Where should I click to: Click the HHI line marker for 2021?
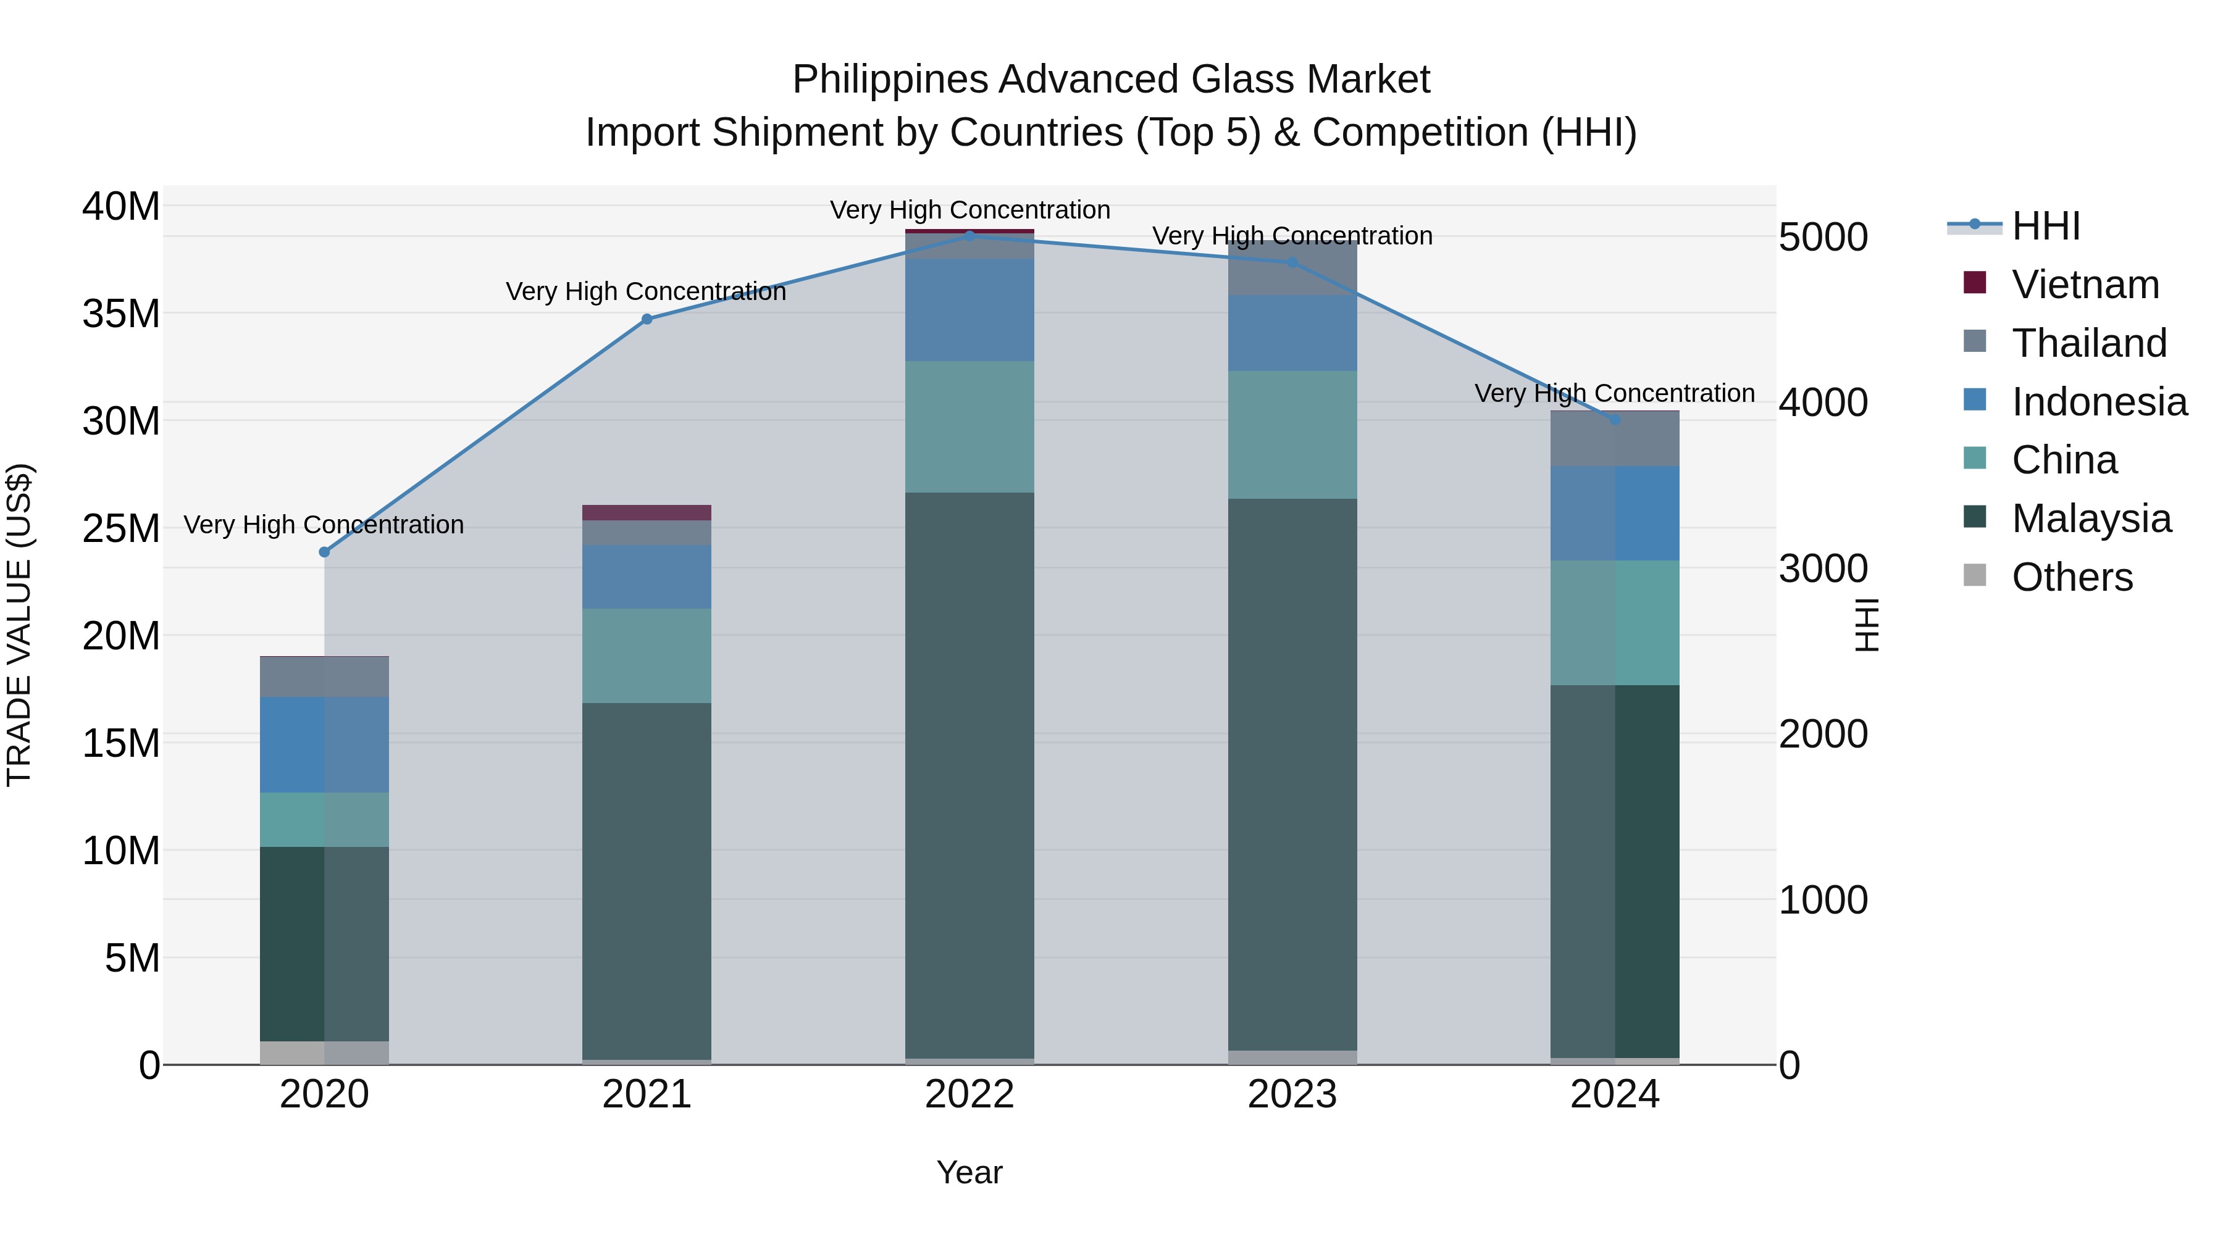[647, 319]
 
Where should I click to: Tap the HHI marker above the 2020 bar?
[324, 552]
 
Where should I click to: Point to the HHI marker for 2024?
[1615, 419]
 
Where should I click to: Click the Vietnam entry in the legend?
[2085, 285]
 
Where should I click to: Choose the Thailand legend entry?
[2088, 343]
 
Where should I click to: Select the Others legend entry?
[2071, 577]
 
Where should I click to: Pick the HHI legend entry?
[2045, 226]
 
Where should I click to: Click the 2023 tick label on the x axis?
[1292, 1094]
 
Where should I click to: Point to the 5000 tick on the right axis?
[1823, 237]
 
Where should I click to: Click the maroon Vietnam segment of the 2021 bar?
[647, 512]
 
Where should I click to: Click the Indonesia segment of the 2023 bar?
[1292, 333]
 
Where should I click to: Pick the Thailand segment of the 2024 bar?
[1615, 439]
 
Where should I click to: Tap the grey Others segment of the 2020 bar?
[324, 1052]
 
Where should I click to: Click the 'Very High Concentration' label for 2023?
[1292, 236]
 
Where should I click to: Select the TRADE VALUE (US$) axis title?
[19, 625]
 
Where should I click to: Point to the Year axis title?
[969, 1172]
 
